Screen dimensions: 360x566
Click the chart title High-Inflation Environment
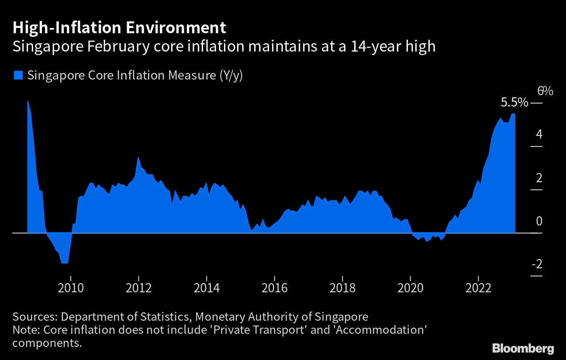click(119, 28)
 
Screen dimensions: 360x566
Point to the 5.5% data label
click(514, 103)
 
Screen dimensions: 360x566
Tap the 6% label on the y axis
click(545, 91)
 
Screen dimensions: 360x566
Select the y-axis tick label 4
click(539, 134)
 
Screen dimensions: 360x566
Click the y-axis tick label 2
click(539, 178)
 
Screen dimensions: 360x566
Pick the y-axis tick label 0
click(539, 221)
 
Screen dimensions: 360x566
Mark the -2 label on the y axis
click(537, 265)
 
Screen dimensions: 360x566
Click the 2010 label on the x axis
click(71, 288)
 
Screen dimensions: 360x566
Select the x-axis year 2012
click(138, 288)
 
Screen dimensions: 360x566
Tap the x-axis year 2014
click(207, 288)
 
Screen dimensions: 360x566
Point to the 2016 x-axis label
click(274, 288)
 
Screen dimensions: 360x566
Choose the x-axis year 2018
click(342, 288)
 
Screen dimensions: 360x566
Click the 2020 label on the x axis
click(411, 288)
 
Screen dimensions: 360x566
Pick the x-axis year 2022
click(479, 288)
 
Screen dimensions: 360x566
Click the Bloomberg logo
click(523, 348)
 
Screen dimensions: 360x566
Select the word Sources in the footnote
click(34, 316)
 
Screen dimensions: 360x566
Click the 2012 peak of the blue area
click(138, 158)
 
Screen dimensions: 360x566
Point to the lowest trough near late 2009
click(65, 263)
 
